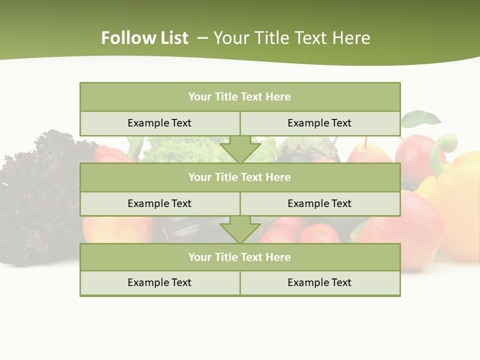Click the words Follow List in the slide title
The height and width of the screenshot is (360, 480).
144,38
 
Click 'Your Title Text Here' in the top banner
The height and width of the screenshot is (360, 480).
291,38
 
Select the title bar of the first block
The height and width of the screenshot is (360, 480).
239,97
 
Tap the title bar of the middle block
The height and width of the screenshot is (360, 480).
239,177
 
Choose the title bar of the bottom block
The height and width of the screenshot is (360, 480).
239,257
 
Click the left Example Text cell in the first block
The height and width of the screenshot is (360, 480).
159,123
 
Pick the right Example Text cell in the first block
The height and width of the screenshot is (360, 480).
319,123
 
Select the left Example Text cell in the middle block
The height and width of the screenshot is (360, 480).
159,203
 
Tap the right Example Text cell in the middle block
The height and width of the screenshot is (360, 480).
319,203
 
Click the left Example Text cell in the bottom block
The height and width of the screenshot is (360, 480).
159,282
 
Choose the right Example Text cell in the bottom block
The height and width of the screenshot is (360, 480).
319,282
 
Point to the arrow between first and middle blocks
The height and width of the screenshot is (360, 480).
240,149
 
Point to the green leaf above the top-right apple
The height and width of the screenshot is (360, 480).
421,119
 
